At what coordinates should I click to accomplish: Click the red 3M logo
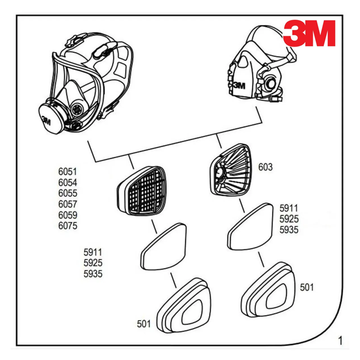pos(310,33)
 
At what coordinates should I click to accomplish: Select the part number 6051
pos(68,172)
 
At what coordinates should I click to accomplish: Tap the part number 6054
pos(68,183)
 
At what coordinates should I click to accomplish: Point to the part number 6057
pos(68,204)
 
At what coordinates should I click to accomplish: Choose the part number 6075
pos(68,226)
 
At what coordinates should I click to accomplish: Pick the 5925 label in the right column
pos(289,219)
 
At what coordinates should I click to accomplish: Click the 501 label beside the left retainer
pos(144,323)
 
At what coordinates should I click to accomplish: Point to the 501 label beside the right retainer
pos(307,287)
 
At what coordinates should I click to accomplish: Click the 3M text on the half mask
pos(239,85)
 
